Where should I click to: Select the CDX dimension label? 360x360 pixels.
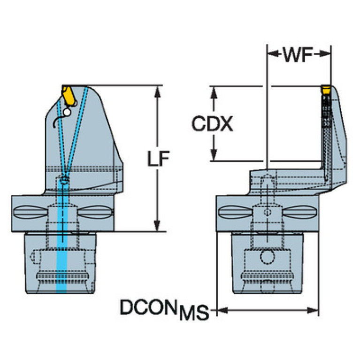(x=212, y=124)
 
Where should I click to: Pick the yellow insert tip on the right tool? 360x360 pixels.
(x=325, y=88)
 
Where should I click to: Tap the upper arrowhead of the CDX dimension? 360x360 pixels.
(x=214, y=91)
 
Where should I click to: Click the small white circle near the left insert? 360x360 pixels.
(x=68, y=112)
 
